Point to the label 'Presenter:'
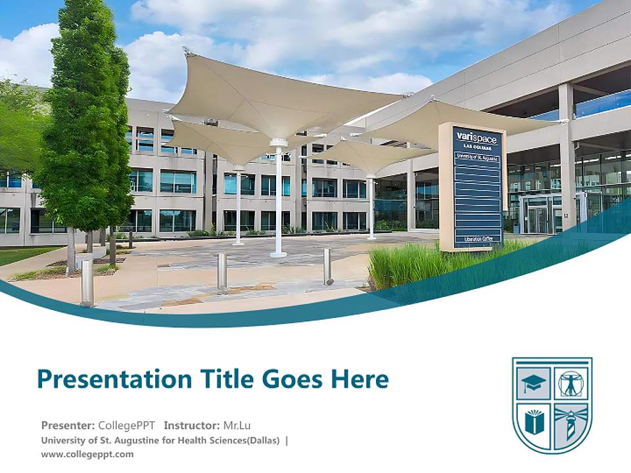[68, 425]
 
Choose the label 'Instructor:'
[192, 425]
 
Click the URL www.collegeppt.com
[87, 454]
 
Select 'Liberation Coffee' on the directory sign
[477, 238]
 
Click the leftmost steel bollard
[87, 283]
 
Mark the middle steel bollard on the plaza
[222, 271]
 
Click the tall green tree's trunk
[70, 250]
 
